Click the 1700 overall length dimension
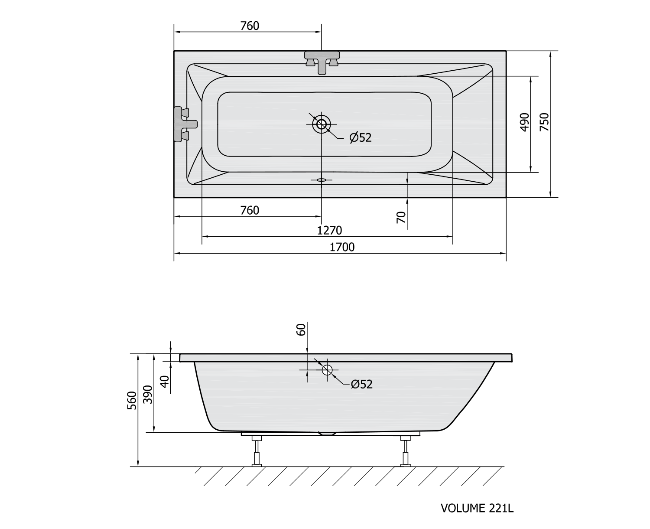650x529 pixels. pyautogui.click(x=342, y=247)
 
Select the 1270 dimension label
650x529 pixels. pyautogui.click(x=329, y=231)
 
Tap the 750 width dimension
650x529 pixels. pyautogui.click(x=544, y=122)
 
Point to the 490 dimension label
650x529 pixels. pyautogui.click(x=524, y=122)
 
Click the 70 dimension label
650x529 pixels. pyautogui.click(x=401, y=217)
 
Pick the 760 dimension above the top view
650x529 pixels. pyautogui.click(x=250, y=26)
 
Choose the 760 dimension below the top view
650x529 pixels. pyautogui.click(x=250, y=211)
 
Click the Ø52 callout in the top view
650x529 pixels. pyautogui.click(x=361, y=137)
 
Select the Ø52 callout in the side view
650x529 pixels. pyautogui.click(x=362, y=384)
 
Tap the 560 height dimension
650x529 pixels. pyautogui.click(x=132, y=400)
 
